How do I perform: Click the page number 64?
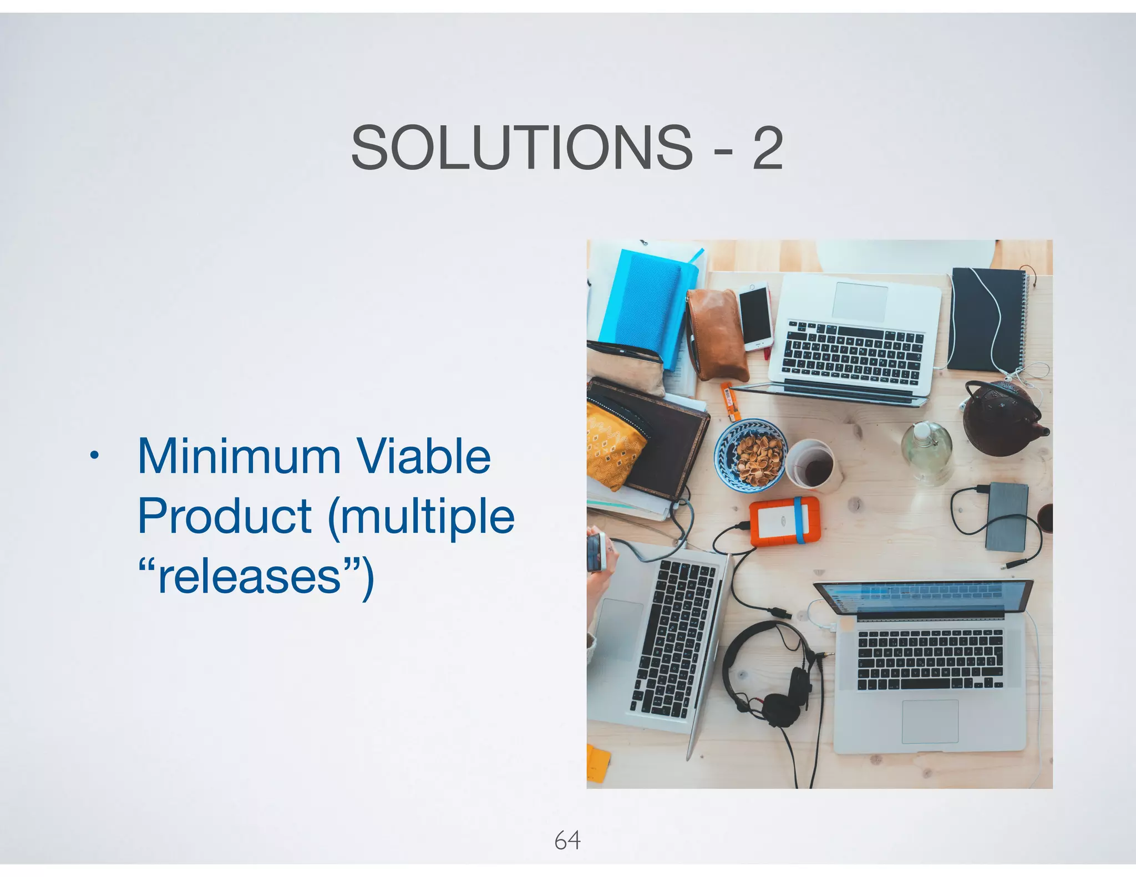point(567,840)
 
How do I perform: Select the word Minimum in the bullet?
point(239,457)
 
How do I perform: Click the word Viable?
point(423,457)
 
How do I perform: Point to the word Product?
point(225,517)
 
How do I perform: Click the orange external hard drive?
point(784,522)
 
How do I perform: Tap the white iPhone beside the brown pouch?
point(755,317)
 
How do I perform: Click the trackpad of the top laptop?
point(860,301)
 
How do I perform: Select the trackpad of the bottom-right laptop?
point(930,721)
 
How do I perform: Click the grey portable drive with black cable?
point(1007,516)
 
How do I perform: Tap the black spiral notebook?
point(986,319)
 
